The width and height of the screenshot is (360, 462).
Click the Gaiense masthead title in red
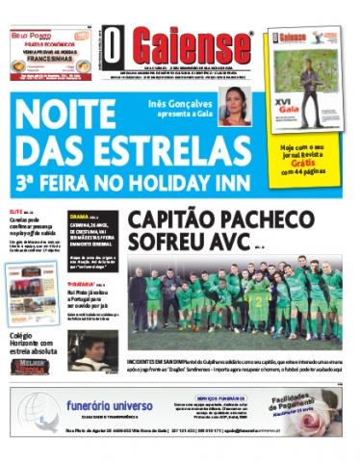pyautogui.click(x=192, y=46)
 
